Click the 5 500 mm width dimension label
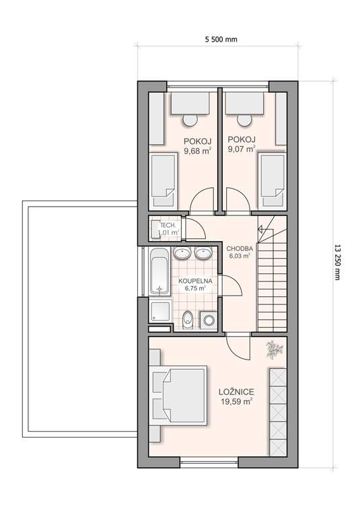tap(221, 39)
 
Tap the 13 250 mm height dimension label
tap(337, 262)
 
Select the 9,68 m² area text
tap(198, 151)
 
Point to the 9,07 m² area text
tap(242, 149)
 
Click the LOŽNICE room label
tap(236, 392)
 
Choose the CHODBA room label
tap(240, 248)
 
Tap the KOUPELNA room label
tap(195, 281)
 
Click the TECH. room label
tap(168, 225)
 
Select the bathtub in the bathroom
tap(159, 271)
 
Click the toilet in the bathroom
tap(188, 320)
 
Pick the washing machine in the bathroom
tap(209, 320)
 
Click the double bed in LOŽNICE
tap(179, 395)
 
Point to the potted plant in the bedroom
tap(274, 349)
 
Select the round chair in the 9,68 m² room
tap(190, 120)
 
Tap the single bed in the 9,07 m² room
tap(272, 181)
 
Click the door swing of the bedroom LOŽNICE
tap(238, 348)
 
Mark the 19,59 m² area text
tap(236, 401)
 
